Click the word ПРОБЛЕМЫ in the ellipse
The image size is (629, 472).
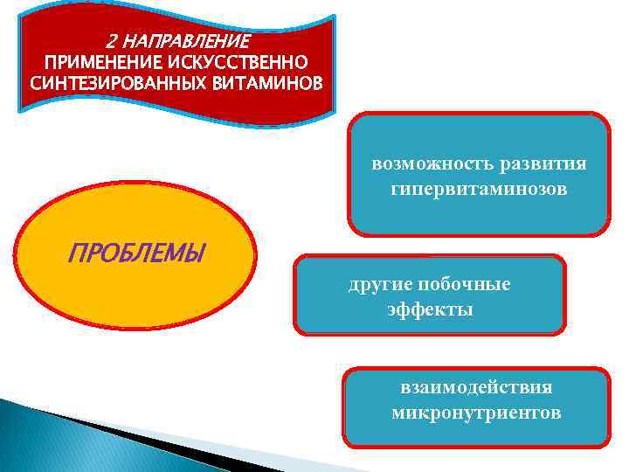pos(136,254)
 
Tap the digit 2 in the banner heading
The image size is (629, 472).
pos(110,41)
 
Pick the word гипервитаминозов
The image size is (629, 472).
pos(479,189)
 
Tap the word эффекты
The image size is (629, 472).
pos(430,309)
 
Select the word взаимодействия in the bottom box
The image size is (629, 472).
pos(476,386)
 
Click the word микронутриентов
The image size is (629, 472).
pos(476,412)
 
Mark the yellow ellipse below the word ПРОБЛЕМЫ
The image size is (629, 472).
pos(140,297)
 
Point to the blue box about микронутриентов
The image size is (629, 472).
pos(476,433)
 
